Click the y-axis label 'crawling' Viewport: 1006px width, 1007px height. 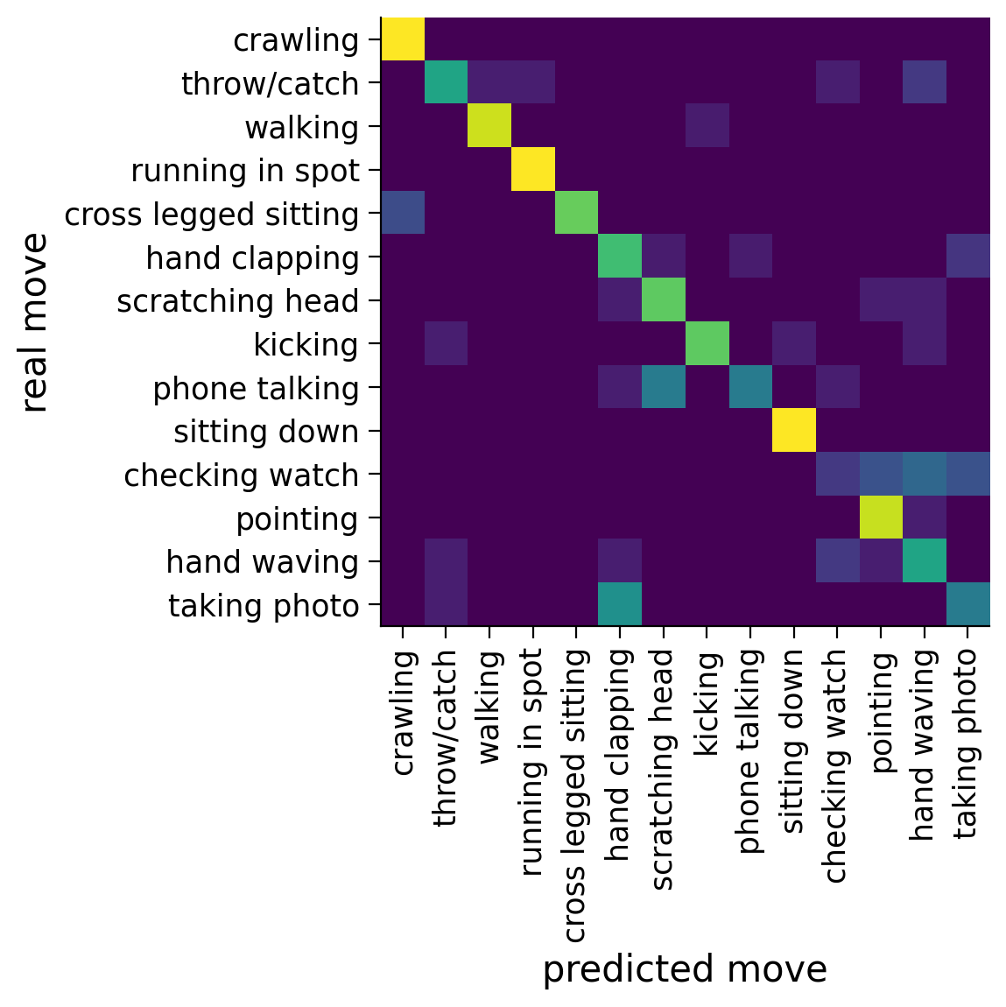(296, 40)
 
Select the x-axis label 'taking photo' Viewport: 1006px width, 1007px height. (966, 743)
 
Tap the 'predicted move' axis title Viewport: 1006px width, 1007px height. (685, 970)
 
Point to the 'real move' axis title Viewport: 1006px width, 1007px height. (35, 322)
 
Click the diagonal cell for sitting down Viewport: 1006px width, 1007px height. (793, 432)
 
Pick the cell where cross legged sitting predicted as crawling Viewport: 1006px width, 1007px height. (403, 215)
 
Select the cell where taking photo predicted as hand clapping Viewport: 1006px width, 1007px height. (620, 605)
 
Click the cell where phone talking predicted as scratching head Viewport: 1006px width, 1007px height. (664, 388)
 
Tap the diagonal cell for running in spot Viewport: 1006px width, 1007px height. (533, 171)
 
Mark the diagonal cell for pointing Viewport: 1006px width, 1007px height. (880, 518)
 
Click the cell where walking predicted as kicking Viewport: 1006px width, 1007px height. (707, 127)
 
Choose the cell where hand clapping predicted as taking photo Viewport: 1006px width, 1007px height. (967, 258)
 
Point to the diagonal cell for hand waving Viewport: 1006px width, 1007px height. (924, 562)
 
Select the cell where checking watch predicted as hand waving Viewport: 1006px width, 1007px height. (924, 475)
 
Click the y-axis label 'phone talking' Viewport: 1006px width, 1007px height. (256, 389)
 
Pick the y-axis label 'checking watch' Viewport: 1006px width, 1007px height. (241, 475)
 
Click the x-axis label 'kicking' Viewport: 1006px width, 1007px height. (706, 704)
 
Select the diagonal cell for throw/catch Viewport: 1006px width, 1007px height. (446, 84)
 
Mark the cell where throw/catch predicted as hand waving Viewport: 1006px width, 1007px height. (924, 84)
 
